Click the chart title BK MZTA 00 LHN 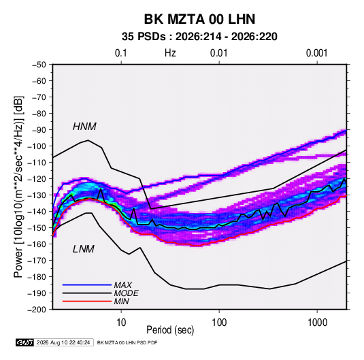tap(199, 19)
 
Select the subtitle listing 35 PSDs tap(199, 37)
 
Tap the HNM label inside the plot tap(84, 127)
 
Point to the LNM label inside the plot tap(84, 249)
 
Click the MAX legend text tap(122, 284)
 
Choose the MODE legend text tap(127, 293)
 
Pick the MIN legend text tap(121, 301)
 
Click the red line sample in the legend tap(87, 301)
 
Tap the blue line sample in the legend tap(87, 285)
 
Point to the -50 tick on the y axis tap(39, 65)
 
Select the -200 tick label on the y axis tap(37, 310)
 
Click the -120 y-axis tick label tap(37, 179)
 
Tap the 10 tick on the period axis tap(121, 323)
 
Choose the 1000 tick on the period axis tap(317, 323)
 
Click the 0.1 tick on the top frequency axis tap(121, 53)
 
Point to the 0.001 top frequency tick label tap(316, 53)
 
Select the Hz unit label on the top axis tap(170, 53)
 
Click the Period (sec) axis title tap(170, 330)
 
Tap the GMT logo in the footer tap(25, 342)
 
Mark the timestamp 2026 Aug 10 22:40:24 tap(63, 342)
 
